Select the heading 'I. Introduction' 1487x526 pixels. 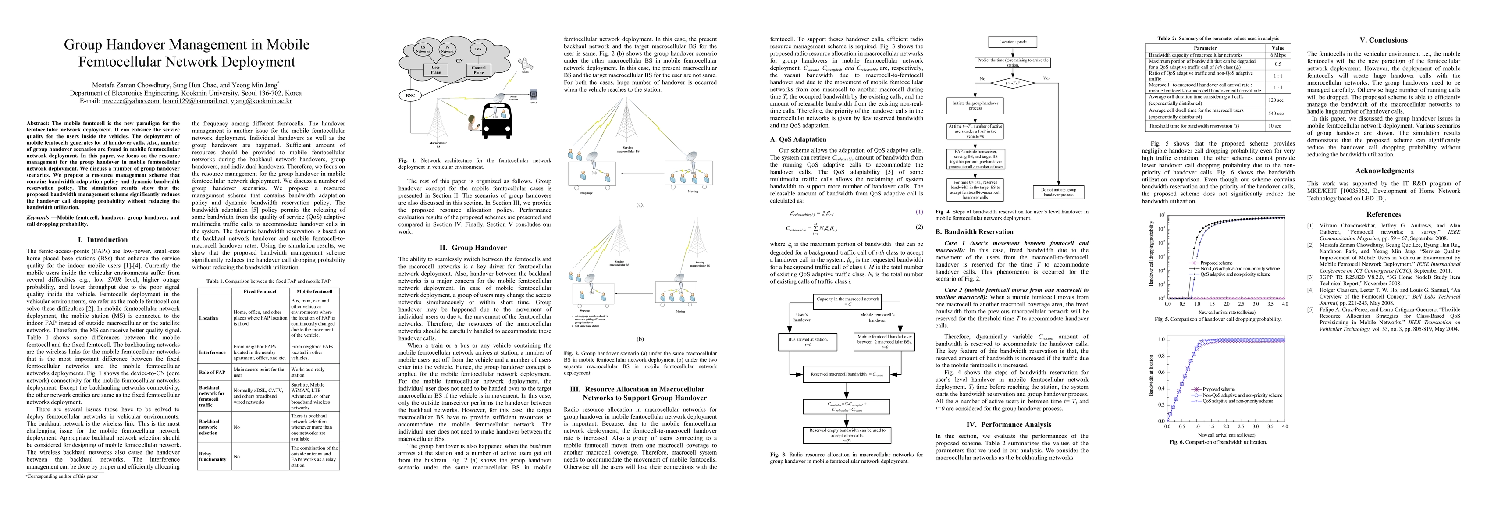[103, 240]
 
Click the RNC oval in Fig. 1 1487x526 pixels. [410, 95]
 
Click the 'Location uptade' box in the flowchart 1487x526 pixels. [1013, 42]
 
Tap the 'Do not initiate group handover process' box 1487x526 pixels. [1058, 192]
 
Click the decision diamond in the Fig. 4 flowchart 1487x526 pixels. [1013, 83]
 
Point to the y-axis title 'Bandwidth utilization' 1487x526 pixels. [1151, 375]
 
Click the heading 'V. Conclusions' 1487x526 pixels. [1383, 40]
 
